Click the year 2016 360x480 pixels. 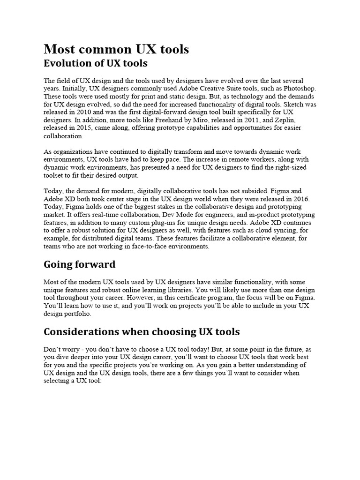tap(300, 199)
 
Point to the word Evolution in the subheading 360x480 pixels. tap(65, 63)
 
